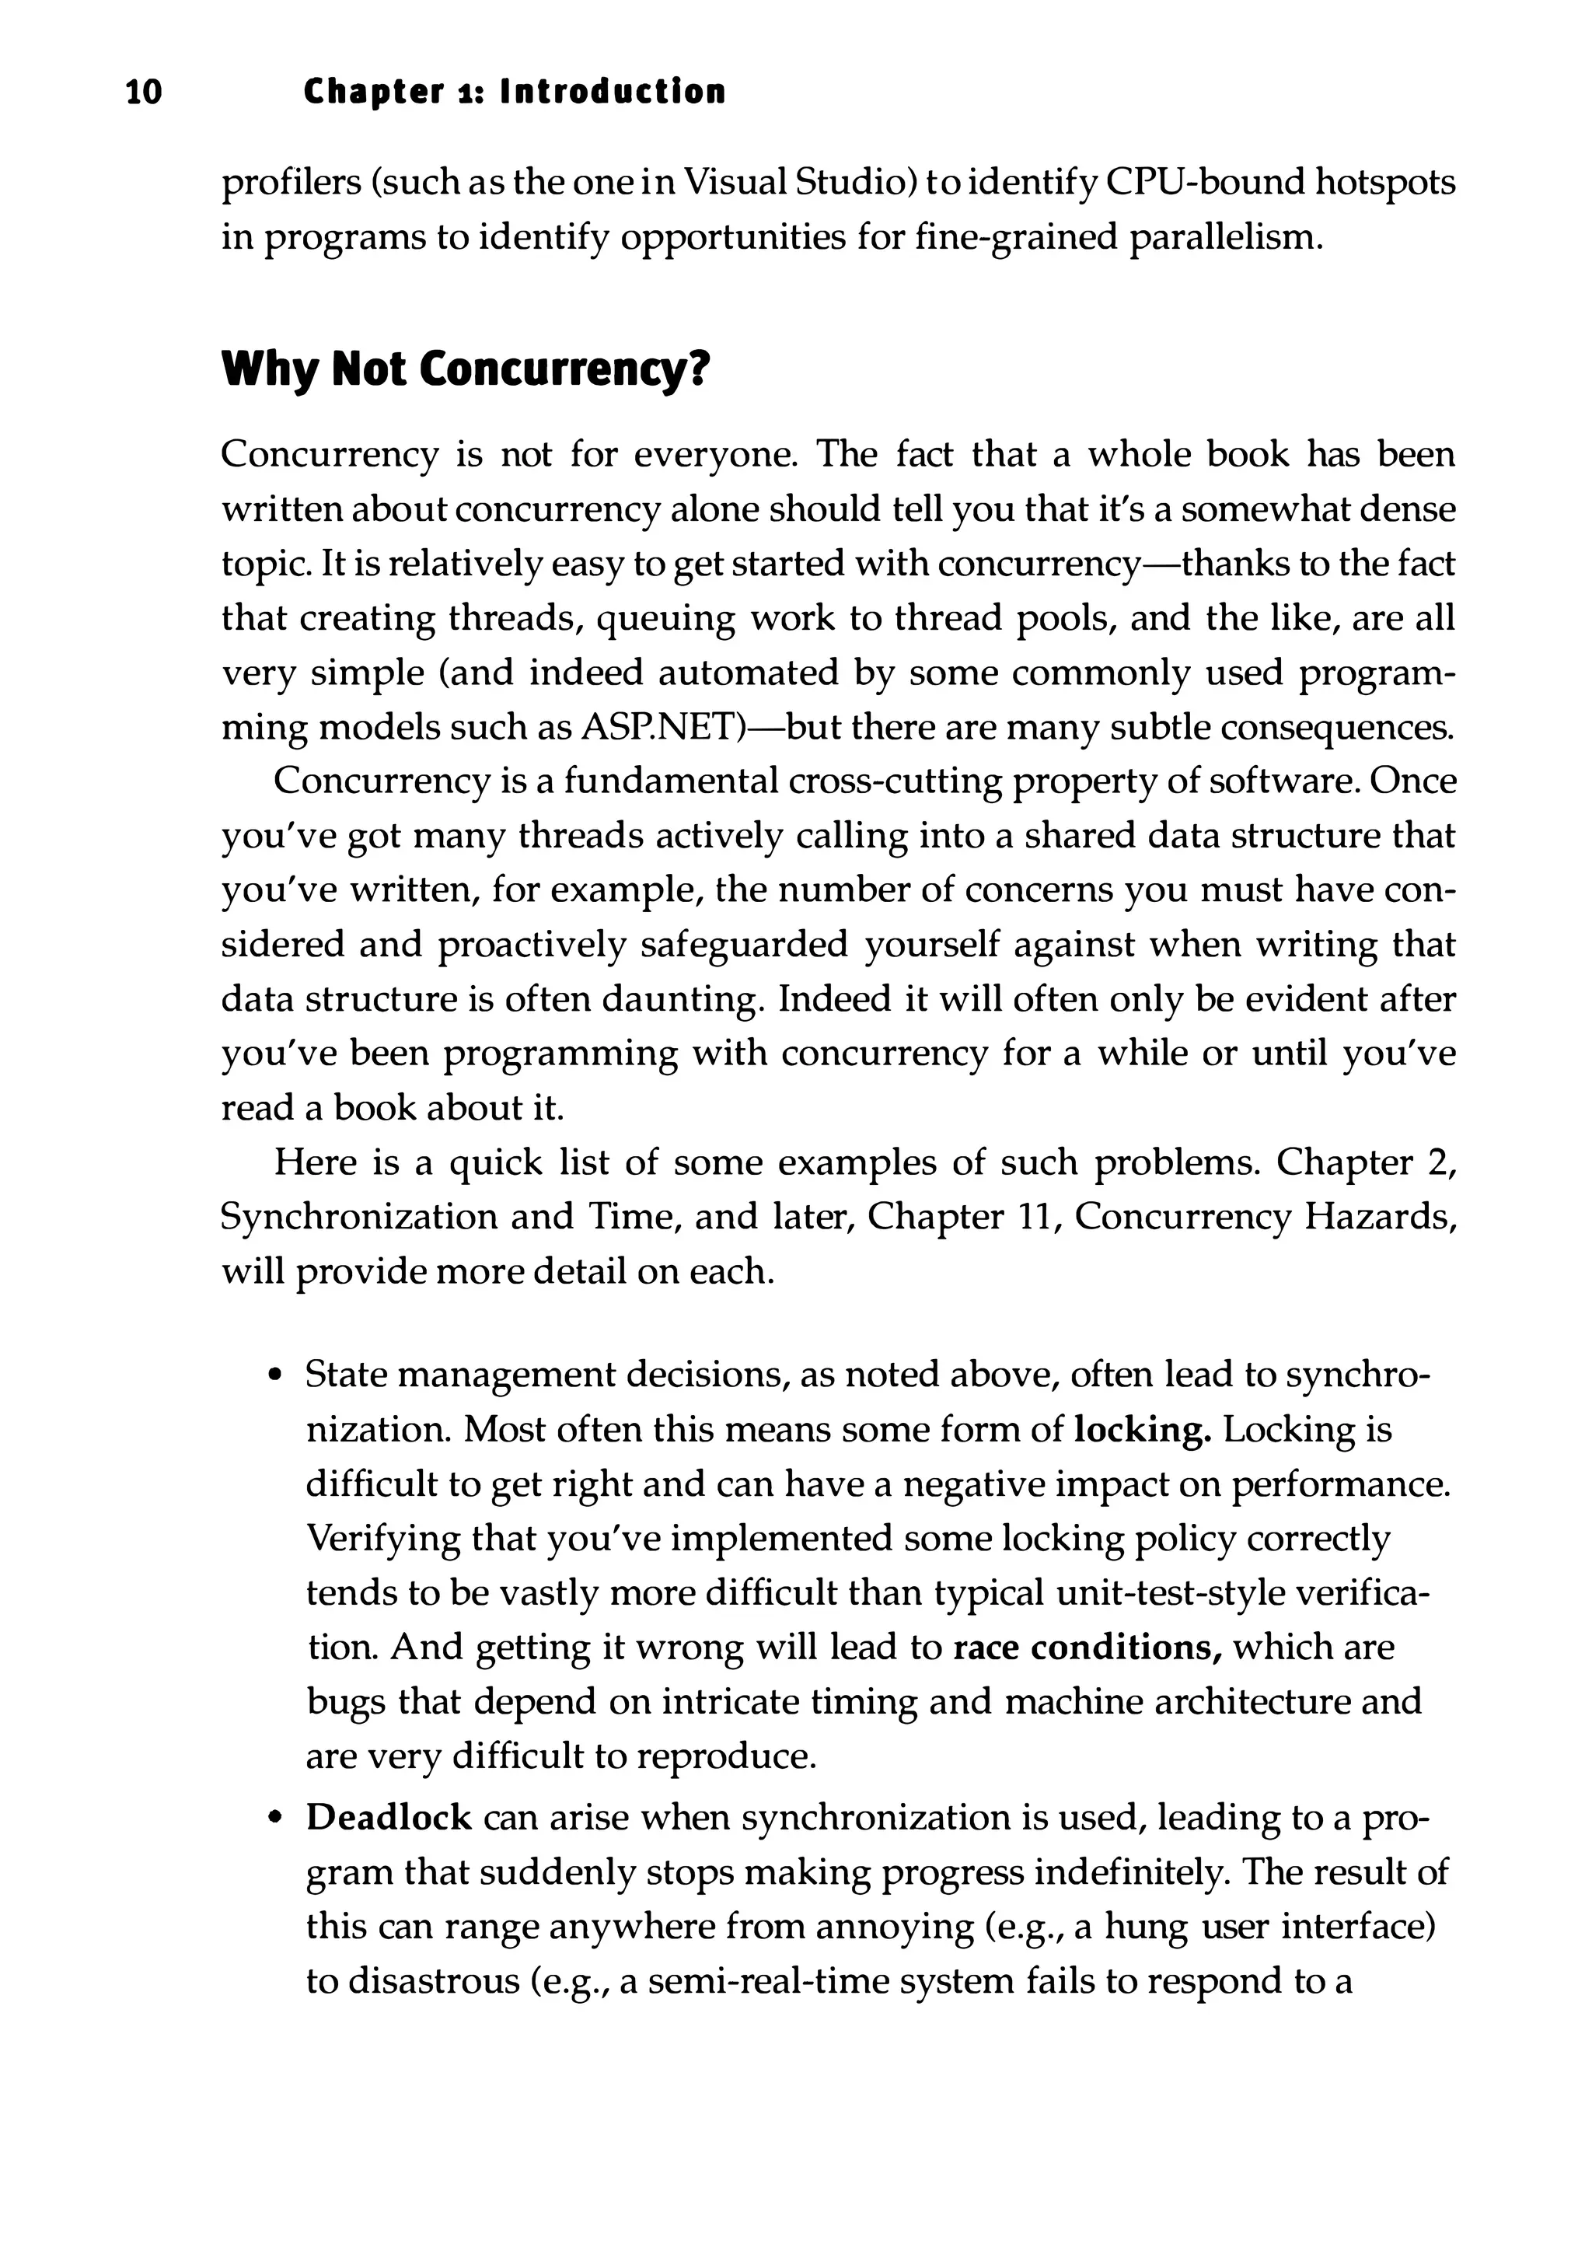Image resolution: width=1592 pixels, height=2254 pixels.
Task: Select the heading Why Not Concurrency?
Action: click(464, 369)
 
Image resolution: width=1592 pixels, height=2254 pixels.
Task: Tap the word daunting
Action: click(681, 999)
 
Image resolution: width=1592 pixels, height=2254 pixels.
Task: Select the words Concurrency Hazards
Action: click(1264, 1218)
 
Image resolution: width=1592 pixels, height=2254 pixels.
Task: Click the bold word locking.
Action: click(1143, 1429)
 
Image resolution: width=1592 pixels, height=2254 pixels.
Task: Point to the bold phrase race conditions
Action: click(1087, 1648)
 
